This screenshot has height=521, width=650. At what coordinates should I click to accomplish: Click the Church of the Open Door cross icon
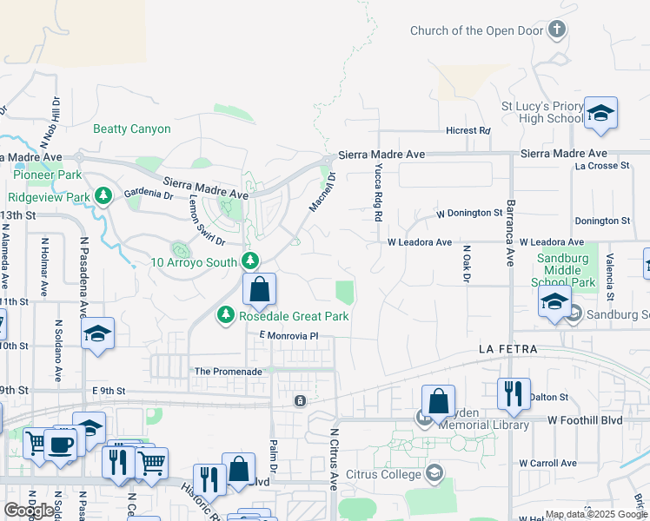pyautogui.click(x=557, y=30)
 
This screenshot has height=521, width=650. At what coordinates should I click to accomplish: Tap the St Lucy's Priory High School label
pyautogui.click(x=543, y=112)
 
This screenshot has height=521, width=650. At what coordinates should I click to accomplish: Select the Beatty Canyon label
pyautogui.click(x=132, y=129)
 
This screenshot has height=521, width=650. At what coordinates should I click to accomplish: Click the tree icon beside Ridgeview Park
pyautogui.click(x=103, y=196)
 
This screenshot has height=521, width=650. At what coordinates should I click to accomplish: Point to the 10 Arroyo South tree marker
pyautogui.click(x=250, y=260)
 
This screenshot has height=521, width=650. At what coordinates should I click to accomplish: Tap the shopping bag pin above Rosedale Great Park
pyautogui.click(x=259, y=291)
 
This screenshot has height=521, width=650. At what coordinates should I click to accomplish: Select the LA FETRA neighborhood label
pyautogui.click(x=507, y=349)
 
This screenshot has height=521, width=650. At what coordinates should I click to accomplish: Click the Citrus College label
pyautogui.click(x=382, y=473)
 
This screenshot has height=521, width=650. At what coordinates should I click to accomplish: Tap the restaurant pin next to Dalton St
pyautogui.click(x=514, y=392)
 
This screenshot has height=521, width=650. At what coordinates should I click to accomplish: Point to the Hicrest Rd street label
pyautogui.click(x=468, y=130)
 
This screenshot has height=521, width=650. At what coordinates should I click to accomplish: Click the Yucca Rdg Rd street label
pyautogui.click(x=379, y=193)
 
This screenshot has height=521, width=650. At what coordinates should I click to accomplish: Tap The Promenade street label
pyautogui.click(x=228, y=371)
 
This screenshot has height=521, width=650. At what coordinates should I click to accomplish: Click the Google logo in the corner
pyautogui.click(x=30, y=511)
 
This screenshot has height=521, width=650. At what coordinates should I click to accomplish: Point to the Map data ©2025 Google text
pyautogui.click(x=596, y=514)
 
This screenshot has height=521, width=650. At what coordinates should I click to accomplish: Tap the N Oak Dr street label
pyautogui.click(x=466, y=262)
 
